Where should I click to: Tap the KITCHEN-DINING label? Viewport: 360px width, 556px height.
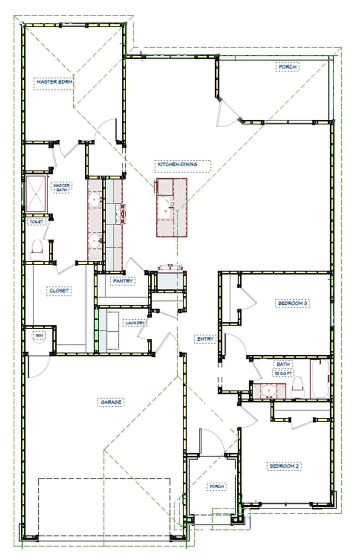(177, 165)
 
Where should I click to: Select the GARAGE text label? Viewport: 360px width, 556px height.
(111, 402)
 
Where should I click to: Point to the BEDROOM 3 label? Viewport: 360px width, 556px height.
(292, 303)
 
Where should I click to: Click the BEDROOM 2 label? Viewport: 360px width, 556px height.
(284, 466)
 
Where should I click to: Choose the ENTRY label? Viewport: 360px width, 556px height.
(204, 339)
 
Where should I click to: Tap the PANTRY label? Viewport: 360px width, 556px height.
(122, 281)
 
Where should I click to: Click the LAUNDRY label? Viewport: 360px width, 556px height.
(135, 323)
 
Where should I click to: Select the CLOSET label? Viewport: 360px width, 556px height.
(59, 290)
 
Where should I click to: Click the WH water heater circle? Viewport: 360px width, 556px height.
(39, 336)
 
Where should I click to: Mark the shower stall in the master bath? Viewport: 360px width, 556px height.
(35, 194)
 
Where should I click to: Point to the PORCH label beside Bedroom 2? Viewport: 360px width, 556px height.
(216, 486)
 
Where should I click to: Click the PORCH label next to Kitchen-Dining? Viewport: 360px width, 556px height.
(287, 67)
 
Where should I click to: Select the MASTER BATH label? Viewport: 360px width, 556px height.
(61, 187)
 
